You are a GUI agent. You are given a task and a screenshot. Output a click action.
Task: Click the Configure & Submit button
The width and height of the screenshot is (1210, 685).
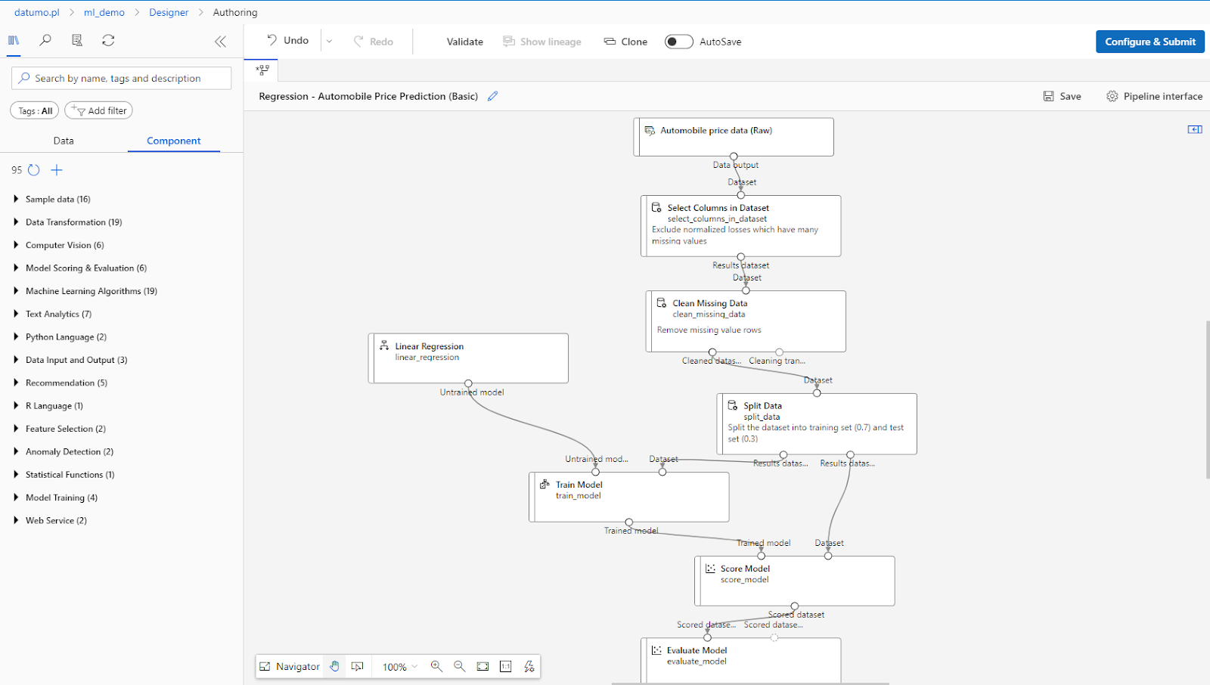pos(1149,42)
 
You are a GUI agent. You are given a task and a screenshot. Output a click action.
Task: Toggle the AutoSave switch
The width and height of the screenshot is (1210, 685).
pos(678,42)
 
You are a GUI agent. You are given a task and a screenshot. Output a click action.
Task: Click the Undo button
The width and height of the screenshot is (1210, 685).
pos(288,41)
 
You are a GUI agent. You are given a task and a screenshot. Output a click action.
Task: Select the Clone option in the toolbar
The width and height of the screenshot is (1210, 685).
pos(625,42)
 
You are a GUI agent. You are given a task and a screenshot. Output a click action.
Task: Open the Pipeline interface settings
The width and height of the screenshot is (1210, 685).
pos(1154,96)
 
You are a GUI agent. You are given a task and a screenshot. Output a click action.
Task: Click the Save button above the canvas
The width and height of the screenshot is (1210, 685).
pos(1062,96)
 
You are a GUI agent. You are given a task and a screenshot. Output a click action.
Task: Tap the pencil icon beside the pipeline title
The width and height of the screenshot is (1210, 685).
pos(493,96)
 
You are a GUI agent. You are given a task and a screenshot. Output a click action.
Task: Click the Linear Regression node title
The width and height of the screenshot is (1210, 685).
pos(429,346)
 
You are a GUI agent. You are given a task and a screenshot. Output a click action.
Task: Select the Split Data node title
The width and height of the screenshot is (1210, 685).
pos(762,406)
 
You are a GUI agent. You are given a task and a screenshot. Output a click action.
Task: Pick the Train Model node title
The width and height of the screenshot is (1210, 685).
pos(579,485)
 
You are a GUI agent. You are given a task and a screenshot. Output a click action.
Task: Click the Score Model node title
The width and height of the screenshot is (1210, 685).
pos(745,569)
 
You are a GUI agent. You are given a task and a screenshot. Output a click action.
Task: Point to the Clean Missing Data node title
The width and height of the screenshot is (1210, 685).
pos(709,303)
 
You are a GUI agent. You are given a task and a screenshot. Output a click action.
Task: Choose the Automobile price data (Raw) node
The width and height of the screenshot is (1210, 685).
pos(715,131)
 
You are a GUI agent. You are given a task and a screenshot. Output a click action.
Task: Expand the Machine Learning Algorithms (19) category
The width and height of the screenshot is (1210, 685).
pos(91,291)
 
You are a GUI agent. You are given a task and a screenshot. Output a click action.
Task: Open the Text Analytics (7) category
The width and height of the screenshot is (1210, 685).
pos(58,314)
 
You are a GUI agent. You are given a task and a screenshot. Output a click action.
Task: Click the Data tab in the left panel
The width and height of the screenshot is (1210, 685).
pos(64,141)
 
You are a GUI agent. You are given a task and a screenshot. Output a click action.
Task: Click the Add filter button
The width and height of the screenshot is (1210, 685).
pos(99,110)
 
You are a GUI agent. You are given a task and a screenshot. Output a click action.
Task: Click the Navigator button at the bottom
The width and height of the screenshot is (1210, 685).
pos(290,666)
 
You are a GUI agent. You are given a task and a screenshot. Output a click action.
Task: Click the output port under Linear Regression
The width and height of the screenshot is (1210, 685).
pos(468,383)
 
